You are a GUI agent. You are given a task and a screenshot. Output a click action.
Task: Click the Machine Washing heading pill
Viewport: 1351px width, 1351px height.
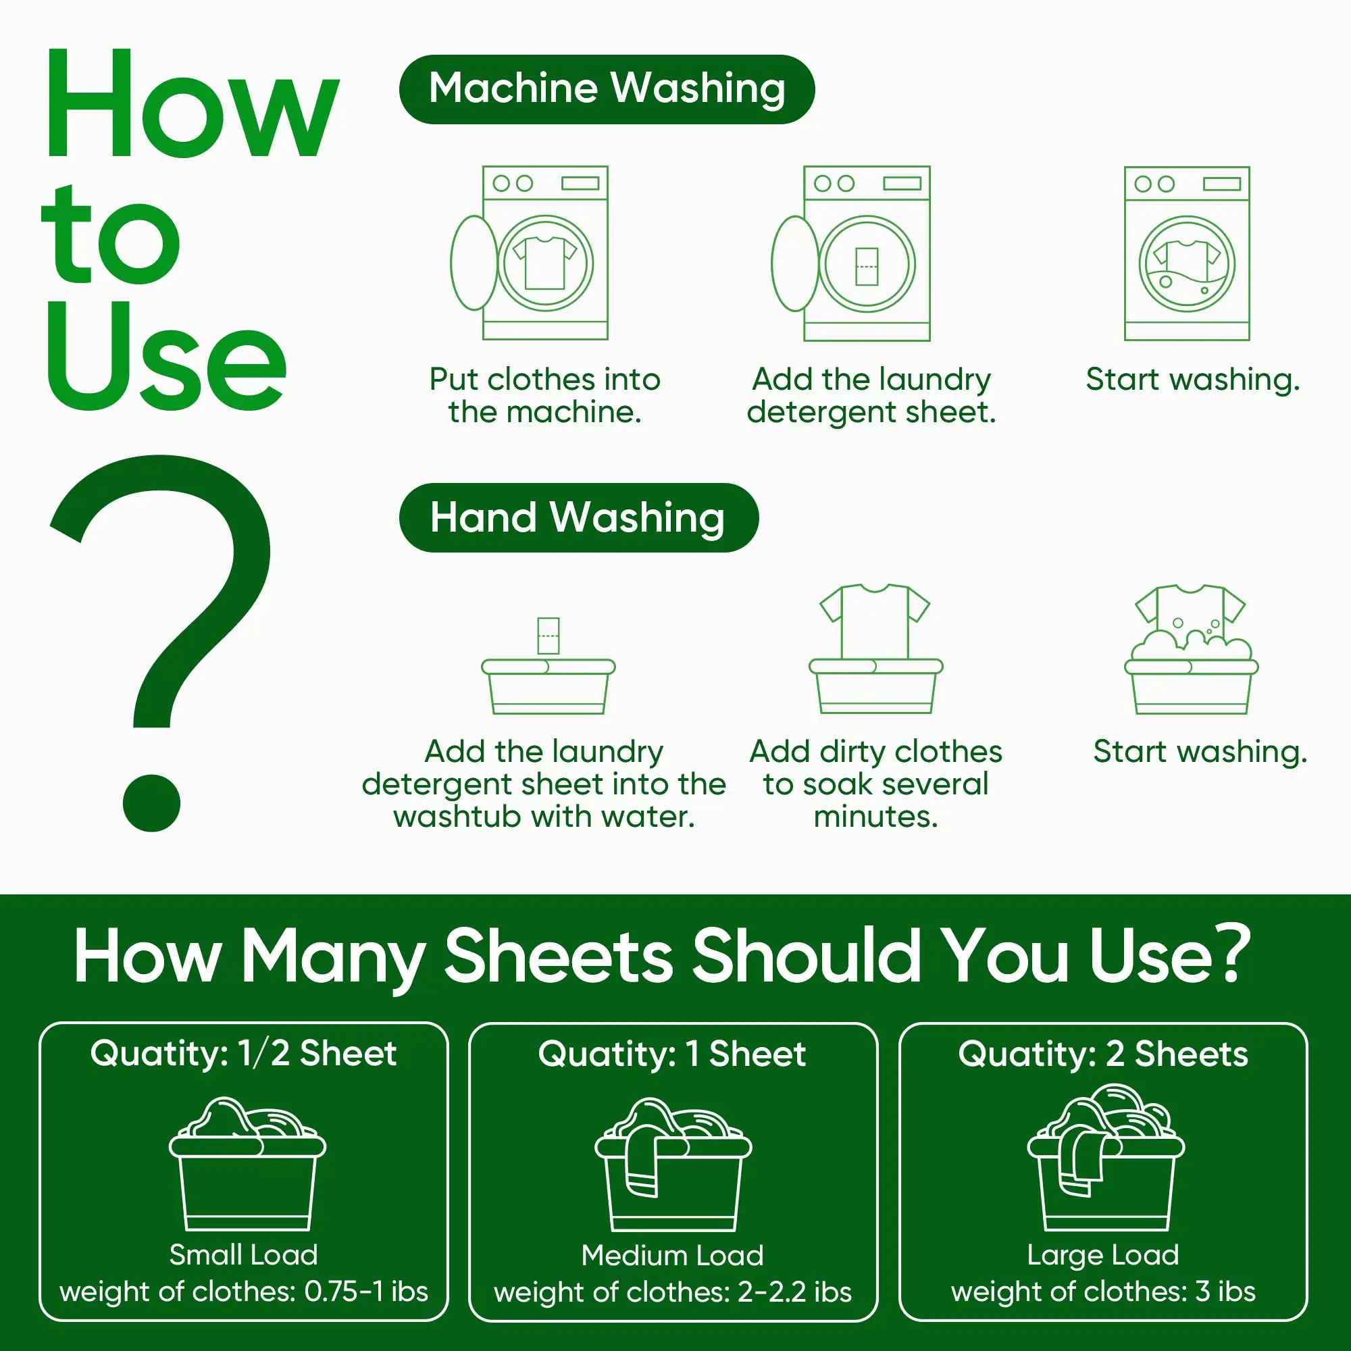coord(607,90)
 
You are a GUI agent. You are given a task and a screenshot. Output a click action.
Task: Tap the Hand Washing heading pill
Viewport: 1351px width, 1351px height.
coord(578,517)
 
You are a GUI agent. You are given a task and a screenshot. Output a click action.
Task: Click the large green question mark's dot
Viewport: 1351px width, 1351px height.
coord(151,802)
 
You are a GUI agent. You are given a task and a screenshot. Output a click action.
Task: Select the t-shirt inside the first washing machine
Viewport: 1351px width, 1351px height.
coord(544,262)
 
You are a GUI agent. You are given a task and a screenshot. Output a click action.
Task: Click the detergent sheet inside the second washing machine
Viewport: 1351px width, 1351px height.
coord(867,265)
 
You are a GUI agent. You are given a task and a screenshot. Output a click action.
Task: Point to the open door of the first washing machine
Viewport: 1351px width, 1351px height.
coord(474,262)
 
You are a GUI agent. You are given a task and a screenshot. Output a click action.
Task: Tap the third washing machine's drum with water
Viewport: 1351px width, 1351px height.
coord(1187,264)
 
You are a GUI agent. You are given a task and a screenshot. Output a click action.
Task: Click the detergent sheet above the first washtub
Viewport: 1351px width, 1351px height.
coord(549,635)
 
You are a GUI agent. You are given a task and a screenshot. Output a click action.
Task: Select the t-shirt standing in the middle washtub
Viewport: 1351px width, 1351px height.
coord(875,619)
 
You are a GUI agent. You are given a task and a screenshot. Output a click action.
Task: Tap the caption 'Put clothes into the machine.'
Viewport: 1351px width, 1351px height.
coord(544,396)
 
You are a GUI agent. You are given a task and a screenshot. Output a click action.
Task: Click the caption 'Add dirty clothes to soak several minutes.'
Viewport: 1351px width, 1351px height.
coord(875,784)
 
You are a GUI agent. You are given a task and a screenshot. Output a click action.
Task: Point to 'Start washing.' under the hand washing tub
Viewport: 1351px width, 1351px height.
coord(1200,752)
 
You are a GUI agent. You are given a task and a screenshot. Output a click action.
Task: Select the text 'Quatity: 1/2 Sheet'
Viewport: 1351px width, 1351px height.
coord(243,1053)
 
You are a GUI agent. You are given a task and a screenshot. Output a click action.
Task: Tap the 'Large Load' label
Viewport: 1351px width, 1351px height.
coord(1103,1254)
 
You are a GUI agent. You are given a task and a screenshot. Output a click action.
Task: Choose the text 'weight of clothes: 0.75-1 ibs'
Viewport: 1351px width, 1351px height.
coord(243,1291)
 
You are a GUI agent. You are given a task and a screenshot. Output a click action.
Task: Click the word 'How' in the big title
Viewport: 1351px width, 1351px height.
coord(190,105)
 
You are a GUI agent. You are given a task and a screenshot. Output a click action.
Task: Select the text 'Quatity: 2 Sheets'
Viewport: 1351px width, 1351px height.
coord(1103,1053)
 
